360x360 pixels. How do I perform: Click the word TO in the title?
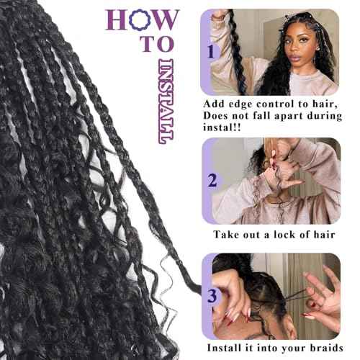[x=149, y=45]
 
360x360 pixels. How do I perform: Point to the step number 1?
[x=212, y=52]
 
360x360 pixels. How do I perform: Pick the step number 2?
[x=212, y=180]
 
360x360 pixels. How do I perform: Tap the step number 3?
[x=212, y=294]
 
